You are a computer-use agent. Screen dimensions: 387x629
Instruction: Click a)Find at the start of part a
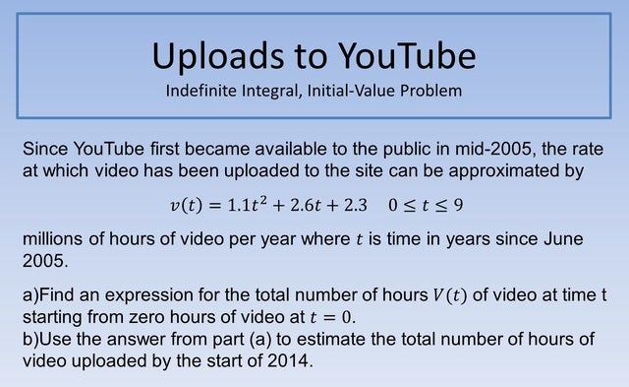click(48, 296)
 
